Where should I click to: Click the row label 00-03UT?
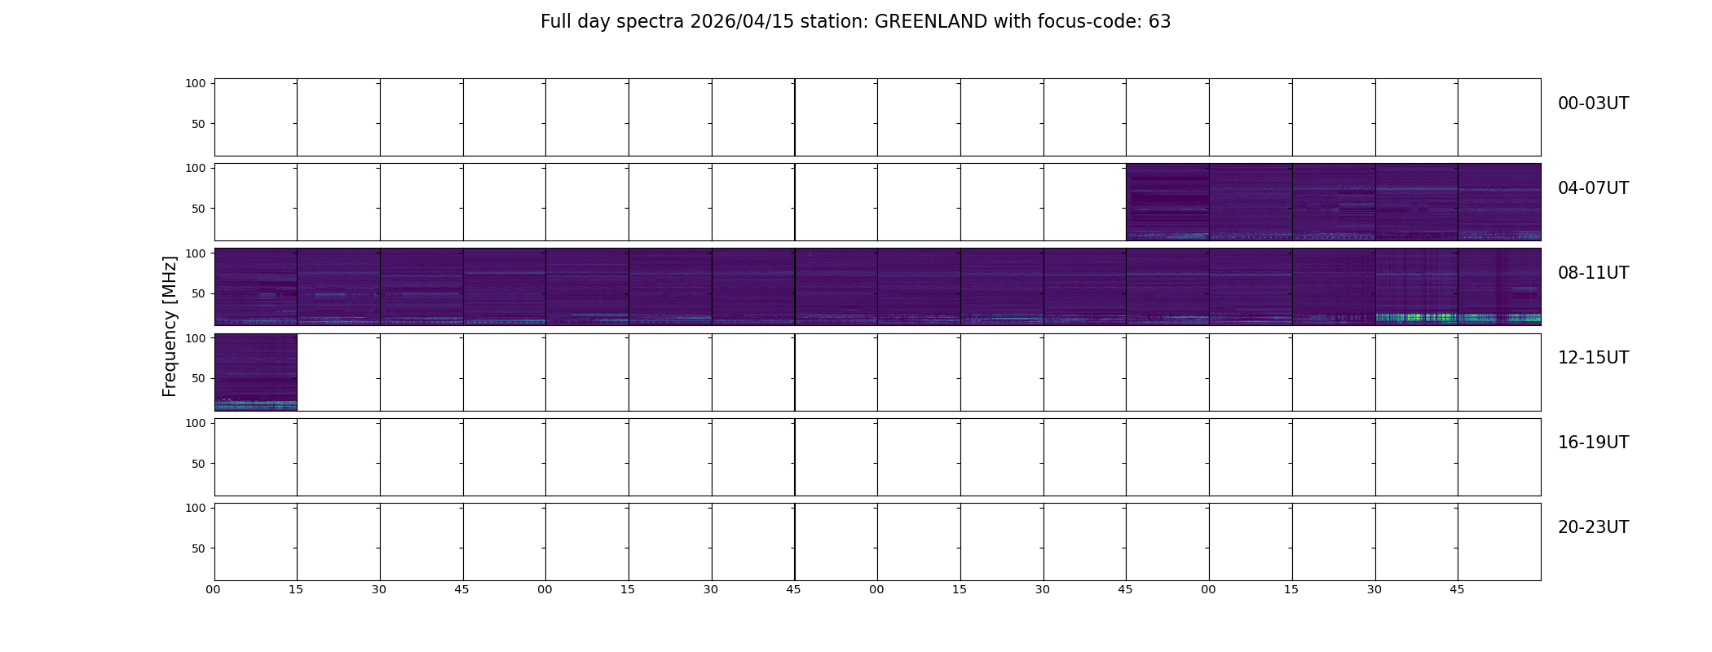(1593, 104)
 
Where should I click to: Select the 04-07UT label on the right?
(1593, 188)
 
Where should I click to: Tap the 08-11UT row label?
(1593, 273)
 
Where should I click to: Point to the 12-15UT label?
(1593, 358)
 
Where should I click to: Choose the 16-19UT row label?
(1593, 443)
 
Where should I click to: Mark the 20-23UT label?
(1593, 527)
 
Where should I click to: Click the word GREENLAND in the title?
(931, 22)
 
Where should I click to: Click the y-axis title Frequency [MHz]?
(170, 326)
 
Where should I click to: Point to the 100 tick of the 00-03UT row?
(195, 83)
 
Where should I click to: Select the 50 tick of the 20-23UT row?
(198, 548)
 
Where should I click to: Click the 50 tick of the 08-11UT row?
(198, 293)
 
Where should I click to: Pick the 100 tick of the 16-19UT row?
(195, 423)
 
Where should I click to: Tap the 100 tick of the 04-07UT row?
(195, 168)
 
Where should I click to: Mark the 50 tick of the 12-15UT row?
(198, 378)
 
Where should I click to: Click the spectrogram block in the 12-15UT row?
(256, 372)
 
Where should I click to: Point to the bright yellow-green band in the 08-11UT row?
(1458, 317)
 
